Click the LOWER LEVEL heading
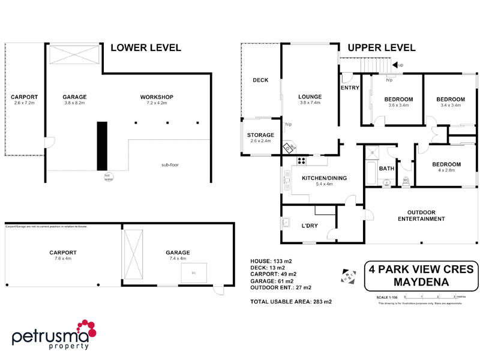[x=146, y=47]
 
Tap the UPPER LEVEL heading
[x=381, y=47]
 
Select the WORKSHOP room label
[x=157, y=97]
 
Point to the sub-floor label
[x=171, y=164]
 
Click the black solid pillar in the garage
[x=102, y=146]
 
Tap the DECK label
[x=260, y=80]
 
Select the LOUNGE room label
[x=310, y=97]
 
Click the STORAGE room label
[x=260, y=135]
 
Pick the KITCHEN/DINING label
[x=325, y=178]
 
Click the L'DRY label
[x=309, y=226]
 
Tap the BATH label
[x=386, y=169]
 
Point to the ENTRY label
[x=349, y=88]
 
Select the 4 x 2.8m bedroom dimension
[x=446, y=170]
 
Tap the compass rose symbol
[x=347, y=275]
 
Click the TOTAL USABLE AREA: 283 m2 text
[x=291, y=301]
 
